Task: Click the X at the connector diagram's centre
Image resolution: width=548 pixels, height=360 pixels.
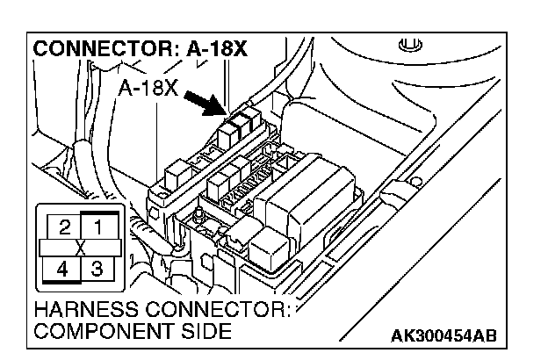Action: tap(80, 248)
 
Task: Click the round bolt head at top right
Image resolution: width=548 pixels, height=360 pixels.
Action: tap(406, 44)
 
